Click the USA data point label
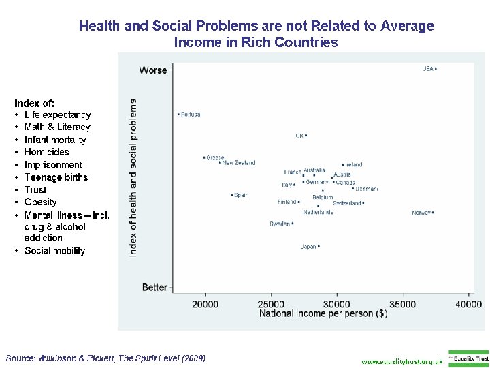click(x=427, y=68)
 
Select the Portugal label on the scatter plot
click(x=191, y=114)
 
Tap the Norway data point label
click(x=421, y=213)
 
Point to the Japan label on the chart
click(x=308, y=247)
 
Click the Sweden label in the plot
click(x=280, y=224)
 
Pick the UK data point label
click(x=299, y=136)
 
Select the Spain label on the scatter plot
click(x=240, y=195)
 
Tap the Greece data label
click(x=215, y=157)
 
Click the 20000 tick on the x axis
click(x=205, y=304)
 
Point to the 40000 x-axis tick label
click(x=469, y=304)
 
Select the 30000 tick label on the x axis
click(x=337, y=304)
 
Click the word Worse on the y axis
click(x=153, y=70)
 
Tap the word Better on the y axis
click(x=154, y=287)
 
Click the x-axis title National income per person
click(x=323, y=313)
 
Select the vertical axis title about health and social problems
click(x=133, y=177)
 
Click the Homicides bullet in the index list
click(x=46, y=152)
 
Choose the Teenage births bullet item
click(x=56, y=177)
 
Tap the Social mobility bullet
click(x=54, y=251)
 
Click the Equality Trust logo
click(x=468, y=358)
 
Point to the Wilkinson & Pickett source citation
click(x=105, y=358)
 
